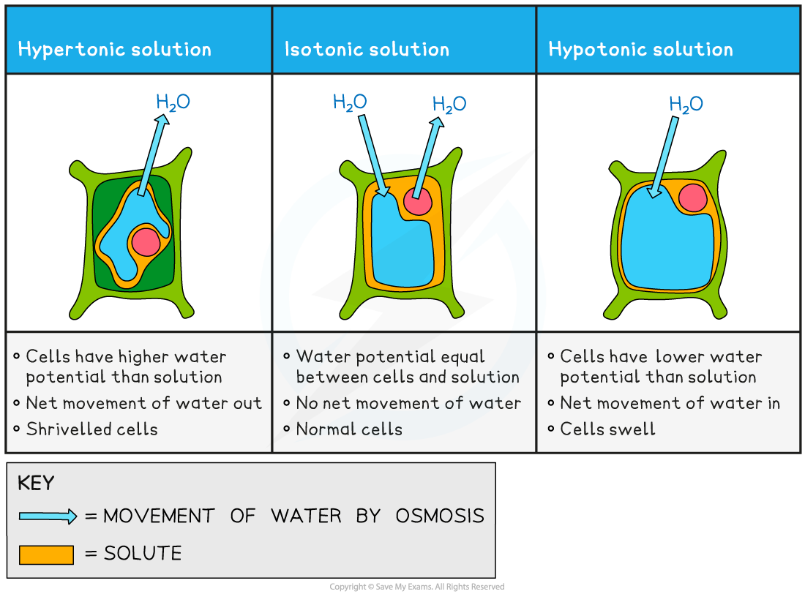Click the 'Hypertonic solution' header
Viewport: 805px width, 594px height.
pos(115,50)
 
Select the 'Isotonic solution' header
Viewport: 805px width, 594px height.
pos(367,50)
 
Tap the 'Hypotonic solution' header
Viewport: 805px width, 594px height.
pos(640,50)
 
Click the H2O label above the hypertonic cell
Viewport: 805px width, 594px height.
pos(173,102)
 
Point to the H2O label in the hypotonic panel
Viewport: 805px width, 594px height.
pos(686,105)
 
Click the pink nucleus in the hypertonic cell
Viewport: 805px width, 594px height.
pos(146,241)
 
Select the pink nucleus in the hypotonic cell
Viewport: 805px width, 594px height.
pos(692,198)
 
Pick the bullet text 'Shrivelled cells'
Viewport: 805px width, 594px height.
pos(91,429)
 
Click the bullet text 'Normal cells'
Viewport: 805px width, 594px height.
pos(349,429)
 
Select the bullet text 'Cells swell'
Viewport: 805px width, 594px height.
pos(607,429)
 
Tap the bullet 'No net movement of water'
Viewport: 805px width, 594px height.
pos(408,403)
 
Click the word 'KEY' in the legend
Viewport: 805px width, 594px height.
pos(36,484)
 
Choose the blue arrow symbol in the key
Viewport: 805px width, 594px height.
pos(48,516)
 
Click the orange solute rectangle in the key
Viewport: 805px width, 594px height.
pos(46,554)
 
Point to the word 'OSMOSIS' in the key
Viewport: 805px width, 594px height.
pos(440,516)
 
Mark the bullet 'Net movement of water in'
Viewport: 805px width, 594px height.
pos(670,403)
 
